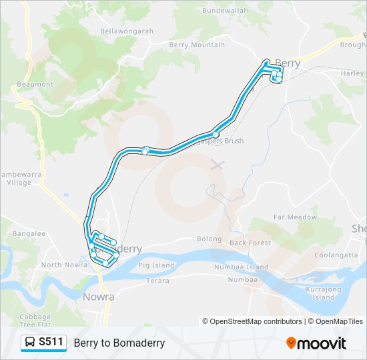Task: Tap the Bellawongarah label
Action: point(126,31)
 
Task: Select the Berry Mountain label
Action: point(197,45)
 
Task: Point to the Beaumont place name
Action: point(35,85)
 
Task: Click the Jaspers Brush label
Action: point(222,141)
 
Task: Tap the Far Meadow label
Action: point(295,217)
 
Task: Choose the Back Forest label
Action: point(250,243)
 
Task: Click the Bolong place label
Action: point(209,239)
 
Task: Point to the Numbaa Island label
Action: point(241,267)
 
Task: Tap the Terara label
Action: point(157,281)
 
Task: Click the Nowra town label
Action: point(98,297)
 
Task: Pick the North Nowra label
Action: point(61,265)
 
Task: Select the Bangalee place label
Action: point(28,234)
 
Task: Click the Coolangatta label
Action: point(336,254)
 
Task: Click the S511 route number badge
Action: point(51,343)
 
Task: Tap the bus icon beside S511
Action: point(30,343)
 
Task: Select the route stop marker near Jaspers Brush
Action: point(216,134)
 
